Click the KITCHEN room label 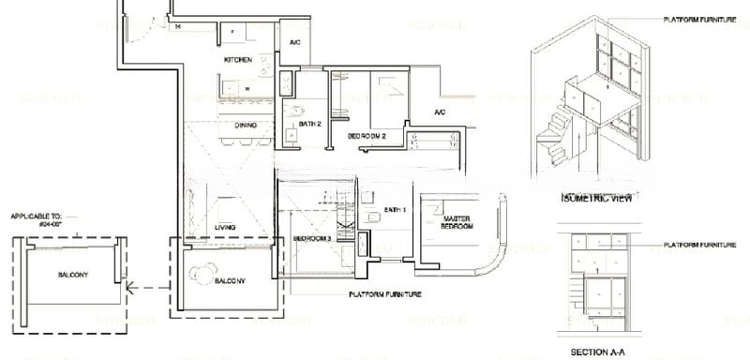[x=237, y=60]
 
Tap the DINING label [x=247, y=124]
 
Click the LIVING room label [x=225, y=228]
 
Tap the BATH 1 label [x=396, y=209]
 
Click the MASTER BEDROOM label [x=457, y=222]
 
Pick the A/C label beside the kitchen [x=293, y=43]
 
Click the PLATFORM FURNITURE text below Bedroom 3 [x=383, y=294]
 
